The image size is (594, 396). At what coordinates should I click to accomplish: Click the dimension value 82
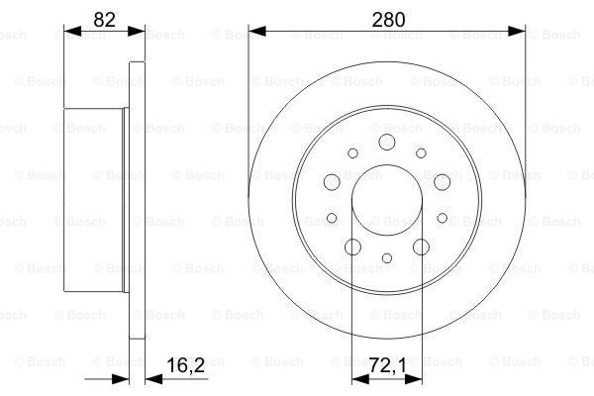pyautogui.click(x=104, y=20)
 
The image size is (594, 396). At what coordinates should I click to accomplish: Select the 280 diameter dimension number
pyautogui.click(x=388, y=20)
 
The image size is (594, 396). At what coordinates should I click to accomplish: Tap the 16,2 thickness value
pyautogui.click(x=186, y=365)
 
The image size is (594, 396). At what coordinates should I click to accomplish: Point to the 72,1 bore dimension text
pyautogui.click(x=388, y=365)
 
